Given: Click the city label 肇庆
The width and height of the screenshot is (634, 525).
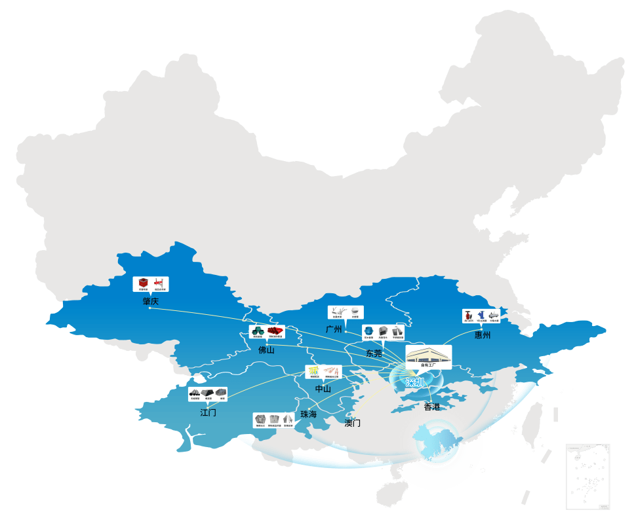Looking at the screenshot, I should coord(151,301).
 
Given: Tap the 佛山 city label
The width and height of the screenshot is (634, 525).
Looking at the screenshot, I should coord(266,350).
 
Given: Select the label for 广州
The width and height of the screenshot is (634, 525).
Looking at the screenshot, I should coord(334,329).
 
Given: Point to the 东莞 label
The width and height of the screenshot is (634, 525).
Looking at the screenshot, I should coord(374,353).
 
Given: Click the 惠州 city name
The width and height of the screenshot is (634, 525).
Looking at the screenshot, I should coord(483,335).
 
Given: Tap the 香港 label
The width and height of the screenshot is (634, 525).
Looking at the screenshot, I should coord(432,407).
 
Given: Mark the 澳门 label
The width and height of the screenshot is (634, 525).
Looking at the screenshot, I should coord(353,423).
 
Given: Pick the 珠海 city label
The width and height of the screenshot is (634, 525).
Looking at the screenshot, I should coord(309,414).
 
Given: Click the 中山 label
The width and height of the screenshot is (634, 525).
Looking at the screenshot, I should coord(323,389).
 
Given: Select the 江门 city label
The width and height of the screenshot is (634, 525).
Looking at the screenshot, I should coord(208,412).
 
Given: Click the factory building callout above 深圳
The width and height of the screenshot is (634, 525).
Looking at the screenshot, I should coord(429,355).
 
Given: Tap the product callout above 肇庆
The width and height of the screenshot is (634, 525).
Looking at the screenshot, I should coord(151,284).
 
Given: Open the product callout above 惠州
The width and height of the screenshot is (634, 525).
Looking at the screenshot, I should coord(481,316).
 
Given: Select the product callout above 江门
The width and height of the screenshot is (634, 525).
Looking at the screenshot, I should coord(208,394).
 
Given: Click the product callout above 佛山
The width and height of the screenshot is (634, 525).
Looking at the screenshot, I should coord(266,333).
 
